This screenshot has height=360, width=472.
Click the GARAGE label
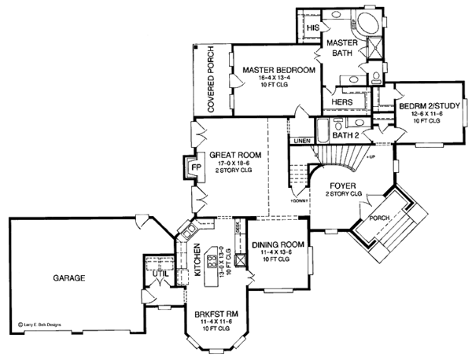(69, 278)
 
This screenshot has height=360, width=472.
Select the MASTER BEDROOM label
(278, 71)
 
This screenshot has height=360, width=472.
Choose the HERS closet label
(341, 102)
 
